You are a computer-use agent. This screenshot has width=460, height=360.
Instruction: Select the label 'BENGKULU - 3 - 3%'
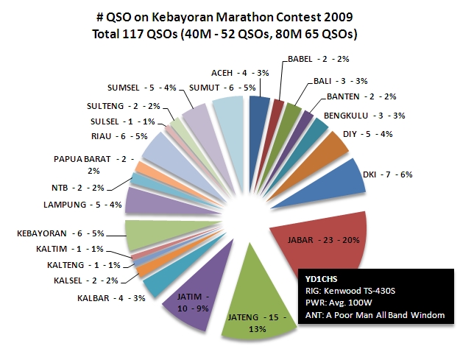(x=355, y=116)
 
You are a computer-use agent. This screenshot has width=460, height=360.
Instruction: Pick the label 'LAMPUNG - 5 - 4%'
(x=83, y=204)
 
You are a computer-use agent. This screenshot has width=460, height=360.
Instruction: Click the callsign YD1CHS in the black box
(x=318, y=279)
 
